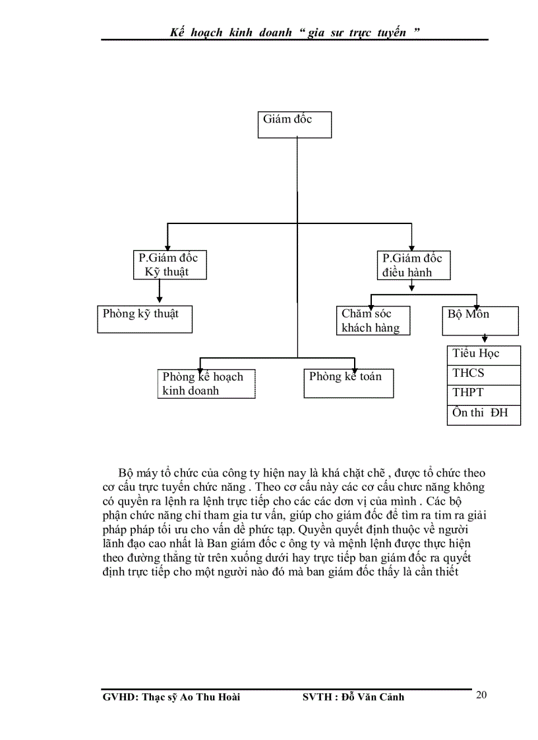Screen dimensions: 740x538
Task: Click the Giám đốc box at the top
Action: [294, 125]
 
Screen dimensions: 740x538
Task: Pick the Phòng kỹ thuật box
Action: [145, 319]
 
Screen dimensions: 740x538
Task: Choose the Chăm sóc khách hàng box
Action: [373, 320]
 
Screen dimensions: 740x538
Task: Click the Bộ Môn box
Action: [479, 320]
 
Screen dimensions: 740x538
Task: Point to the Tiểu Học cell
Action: [483, 355]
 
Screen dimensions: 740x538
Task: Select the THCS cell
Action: [483, 374]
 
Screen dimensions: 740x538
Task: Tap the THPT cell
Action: [483, 394]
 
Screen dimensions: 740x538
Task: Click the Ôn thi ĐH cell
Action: [483, 414]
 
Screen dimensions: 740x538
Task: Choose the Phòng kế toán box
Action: [348, 383]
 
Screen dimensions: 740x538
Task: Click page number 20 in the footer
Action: [481, 695]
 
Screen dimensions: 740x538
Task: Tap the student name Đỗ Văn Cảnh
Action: [374, 697]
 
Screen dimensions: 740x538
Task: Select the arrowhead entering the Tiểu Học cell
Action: [485, 342]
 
